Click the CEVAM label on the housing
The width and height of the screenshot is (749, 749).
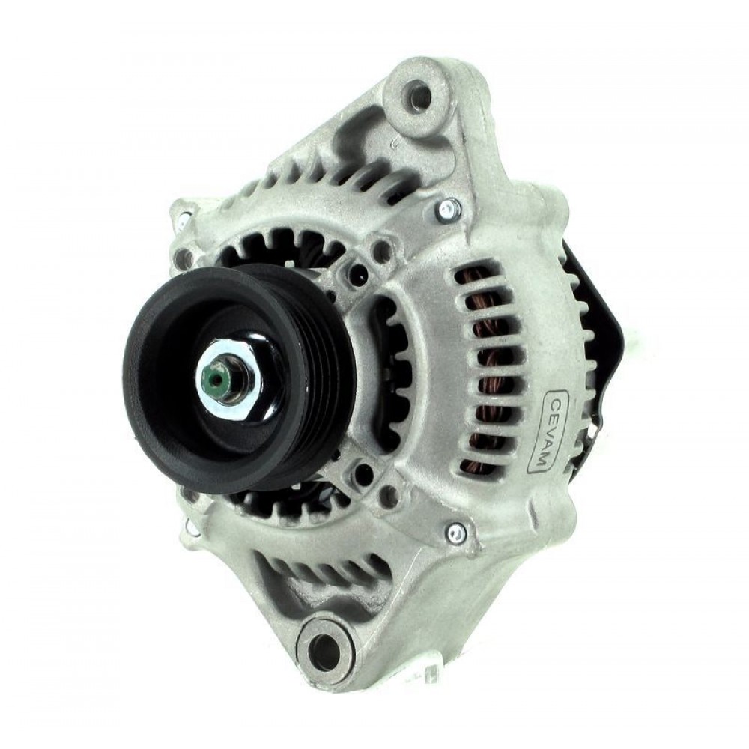[x=546, y=432]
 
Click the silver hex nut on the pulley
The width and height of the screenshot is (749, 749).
[x=227, y=377]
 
